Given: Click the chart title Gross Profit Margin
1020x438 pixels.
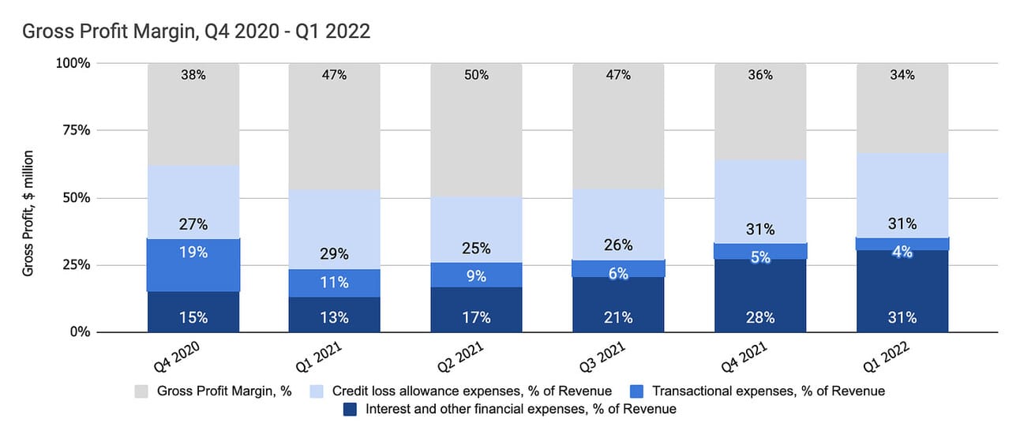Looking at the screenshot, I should coord(196,32).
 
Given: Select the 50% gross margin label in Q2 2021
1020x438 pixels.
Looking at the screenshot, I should coord(476,76).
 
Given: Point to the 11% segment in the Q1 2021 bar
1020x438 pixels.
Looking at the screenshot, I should coord(334,283).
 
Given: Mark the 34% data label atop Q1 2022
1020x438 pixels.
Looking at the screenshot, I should coord(902,76).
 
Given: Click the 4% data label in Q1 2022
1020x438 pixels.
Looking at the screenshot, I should coord(902,253).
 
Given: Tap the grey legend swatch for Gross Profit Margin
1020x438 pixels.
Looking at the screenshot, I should coord(141,391).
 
